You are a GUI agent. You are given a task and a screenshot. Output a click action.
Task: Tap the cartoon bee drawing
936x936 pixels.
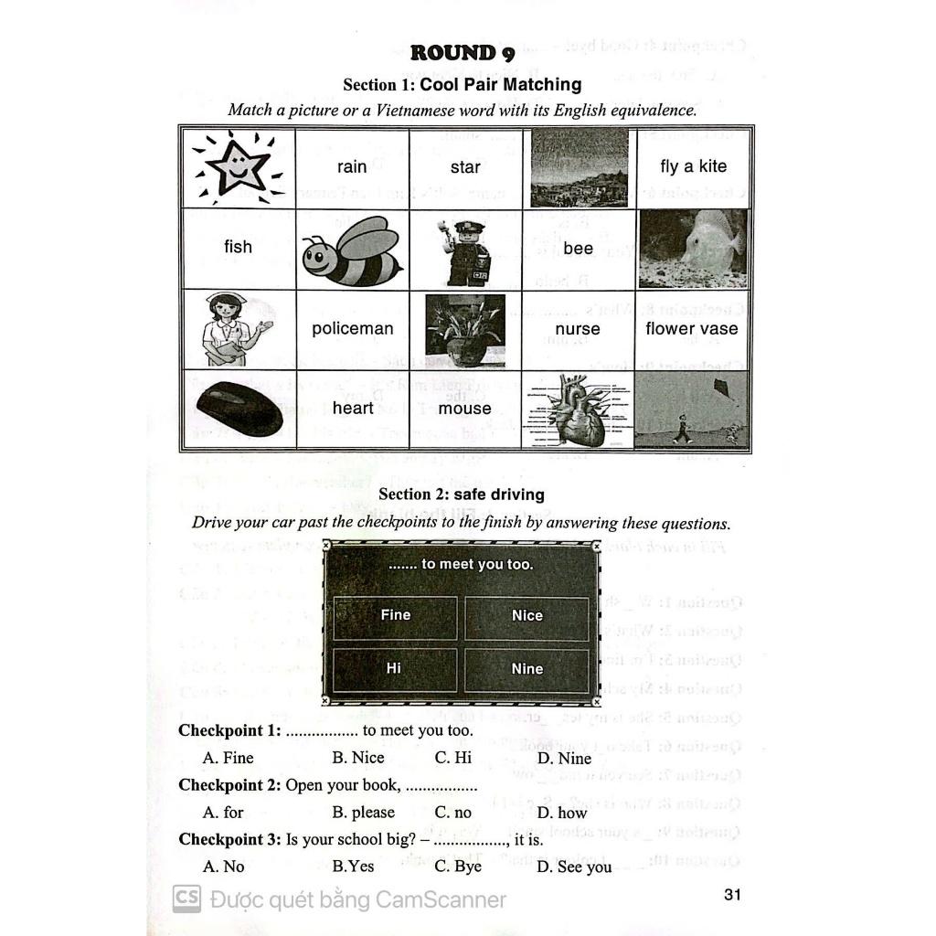(x=352, y=251)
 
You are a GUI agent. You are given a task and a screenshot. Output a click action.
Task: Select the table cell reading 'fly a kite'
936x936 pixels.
(x=693, y=166)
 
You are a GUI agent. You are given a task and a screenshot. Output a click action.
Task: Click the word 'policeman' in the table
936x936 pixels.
(x=352, y=329)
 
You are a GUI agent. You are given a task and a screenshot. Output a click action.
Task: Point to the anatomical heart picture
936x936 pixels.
(x=578, y=410)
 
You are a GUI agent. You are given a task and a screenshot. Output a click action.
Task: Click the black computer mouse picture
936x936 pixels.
(x=239, y=409)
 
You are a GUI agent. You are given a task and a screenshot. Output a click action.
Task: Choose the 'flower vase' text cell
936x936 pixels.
(x=692, y=329)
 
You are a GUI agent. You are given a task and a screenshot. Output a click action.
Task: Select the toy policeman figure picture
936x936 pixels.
(x=464, y=251)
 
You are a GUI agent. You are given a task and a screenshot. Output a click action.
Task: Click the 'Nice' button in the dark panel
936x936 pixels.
(x=526, y=616)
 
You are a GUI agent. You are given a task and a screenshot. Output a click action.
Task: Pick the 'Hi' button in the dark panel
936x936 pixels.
(x=394, y=668)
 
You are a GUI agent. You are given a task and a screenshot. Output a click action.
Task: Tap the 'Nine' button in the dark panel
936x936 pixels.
(x=526, y=669)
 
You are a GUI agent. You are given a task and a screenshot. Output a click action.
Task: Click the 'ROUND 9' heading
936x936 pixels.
(x=462, y=53)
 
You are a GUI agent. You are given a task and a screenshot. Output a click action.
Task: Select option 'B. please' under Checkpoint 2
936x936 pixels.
(x=363, y=813)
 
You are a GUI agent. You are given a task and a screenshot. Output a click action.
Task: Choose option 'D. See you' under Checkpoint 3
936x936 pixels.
(x=574, y=867)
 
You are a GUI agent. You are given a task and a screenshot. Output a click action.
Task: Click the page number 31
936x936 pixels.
(x=732, y=895)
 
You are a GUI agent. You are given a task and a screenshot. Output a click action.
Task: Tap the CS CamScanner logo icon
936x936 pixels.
(x=186, y=899)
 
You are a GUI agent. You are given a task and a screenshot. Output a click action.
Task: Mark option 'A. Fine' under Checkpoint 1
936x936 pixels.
(x=229, y=758)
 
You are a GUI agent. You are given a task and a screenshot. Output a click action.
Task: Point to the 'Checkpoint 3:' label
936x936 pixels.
(x=229, y=839)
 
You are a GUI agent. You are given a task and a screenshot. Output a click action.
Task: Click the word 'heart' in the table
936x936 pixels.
(x=353, y=409)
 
